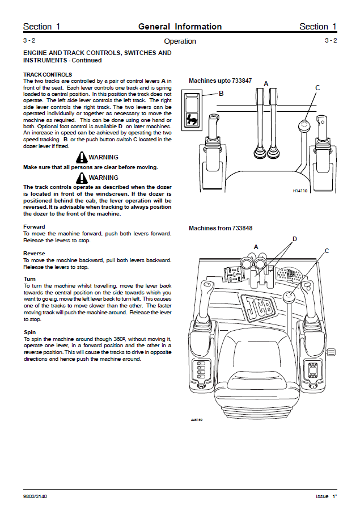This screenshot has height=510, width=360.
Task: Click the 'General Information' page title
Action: [180, 27]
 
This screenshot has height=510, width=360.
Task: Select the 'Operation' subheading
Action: [180, 41]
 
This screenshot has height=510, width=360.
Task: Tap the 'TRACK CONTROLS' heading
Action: [47, 74]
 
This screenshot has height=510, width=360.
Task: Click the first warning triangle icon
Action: [83, 157]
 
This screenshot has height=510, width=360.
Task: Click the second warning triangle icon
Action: [83, 178]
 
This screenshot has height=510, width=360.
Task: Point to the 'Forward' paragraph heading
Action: [34, 227]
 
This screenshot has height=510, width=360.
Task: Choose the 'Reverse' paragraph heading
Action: [35, 253]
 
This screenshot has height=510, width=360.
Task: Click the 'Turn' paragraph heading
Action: [29, 279]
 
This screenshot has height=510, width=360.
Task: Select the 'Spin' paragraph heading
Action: [29, 332]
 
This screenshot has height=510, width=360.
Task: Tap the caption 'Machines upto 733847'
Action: [220, 81]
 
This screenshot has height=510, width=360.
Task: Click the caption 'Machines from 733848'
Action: [221, 228]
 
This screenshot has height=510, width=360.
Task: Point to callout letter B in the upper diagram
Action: [221, 93]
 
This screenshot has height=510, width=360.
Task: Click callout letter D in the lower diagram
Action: [294, 239]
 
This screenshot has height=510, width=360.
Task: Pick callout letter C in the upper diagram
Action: [317, 87]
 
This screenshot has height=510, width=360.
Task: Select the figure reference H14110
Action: [299, 191]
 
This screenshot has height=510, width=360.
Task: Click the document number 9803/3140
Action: [35, 496]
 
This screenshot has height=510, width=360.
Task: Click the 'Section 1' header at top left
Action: [41, 27]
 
